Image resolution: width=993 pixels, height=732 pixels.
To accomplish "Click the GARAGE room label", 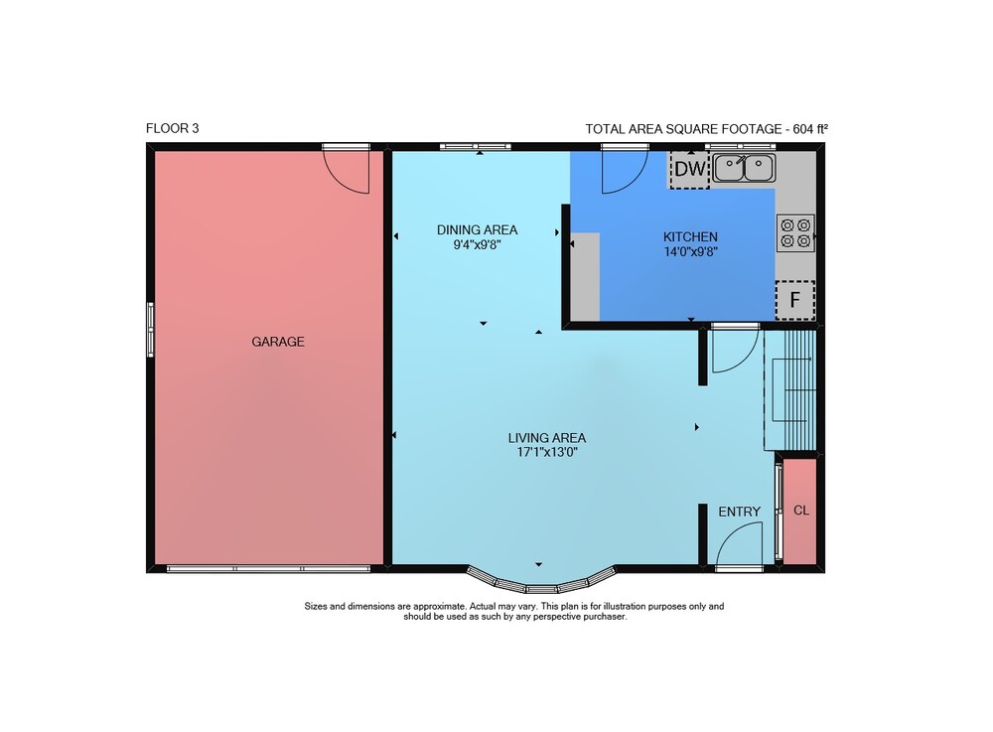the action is tap(278, 342).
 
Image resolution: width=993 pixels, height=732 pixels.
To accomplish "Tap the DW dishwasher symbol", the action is tap(690, 169).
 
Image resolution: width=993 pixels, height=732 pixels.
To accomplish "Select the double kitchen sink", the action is tap(744, 168).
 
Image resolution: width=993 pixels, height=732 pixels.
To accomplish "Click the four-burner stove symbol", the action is tap(795, 233).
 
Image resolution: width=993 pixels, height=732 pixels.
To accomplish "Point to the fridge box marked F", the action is tap(794, 300).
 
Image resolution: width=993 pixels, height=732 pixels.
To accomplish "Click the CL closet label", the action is tap(801, 511).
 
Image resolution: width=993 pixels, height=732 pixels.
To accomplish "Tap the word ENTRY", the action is tap(739, 512).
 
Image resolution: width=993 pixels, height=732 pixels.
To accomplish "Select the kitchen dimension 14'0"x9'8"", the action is tap(690, 251).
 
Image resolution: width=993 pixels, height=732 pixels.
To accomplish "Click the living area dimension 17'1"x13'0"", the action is tap(547, 452).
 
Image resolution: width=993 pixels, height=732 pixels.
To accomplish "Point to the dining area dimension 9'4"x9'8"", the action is tap(477, 244).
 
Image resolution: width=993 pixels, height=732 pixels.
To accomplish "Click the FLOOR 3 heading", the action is tap(172, 128).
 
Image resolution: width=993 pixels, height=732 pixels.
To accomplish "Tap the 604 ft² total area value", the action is tap(810, 129).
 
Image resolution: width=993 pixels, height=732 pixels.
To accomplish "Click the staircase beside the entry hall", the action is tap(790, 389).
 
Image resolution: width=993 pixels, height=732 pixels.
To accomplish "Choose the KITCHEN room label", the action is tap(690, 236).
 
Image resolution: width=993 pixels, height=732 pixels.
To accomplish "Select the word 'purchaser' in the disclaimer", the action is tap(604, 616).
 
